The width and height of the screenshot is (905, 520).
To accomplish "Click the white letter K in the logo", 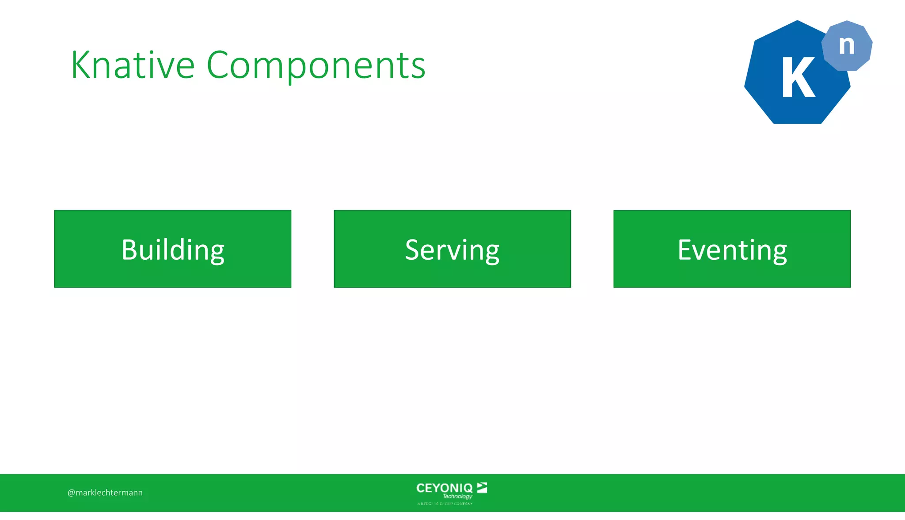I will click(798, 78).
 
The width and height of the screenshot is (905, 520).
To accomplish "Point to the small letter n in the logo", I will click(847, 45).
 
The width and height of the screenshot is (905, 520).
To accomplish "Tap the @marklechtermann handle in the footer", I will click(105, 493).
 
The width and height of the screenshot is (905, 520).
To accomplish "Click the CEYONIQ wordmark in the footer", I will click(444, 488).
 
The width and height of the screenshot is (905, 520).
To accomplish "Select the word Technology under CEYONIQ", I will click(457, 497).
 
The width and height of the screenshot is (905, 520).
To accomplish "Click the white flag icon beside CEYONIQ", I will click(482, 487).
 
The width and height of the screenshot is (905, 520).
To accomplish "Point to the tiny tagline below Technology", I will click(445, 504).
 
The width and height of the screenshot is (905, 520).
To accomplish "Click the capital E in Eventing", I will click(685, 250).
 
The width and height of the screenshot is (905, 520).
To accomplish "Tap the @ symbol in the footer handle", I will click(71, 493).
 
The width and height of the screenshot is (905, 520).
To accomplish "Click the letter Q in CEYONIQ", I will click(468, 488).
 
